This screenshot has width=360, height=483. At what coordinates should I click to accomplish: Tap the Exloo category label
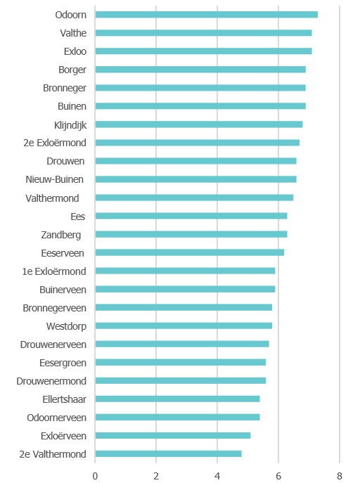[75, 51]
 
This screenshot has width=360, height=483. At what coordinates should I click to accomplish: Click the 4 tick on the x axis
[217, 475]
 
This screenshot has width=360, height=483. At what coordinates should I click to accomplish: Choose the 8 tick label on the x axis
[340, 475]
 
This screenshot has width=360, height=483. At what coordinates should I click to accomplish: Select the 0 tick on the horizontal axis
[95, 475]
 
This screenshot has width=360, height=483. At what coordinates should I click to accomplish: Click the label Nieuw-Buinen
[56, 179]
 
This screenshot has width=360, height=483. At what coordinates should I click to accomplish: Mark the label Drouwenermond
[51, 381]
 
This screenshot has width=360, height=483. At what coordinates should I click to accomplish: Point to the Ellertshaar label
[64, 399]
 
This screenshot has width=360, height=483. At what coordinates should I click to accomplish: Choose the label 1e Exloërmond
[54, 271]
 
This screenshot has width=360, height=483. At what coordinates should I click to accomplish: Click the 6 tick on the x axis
[278, 475]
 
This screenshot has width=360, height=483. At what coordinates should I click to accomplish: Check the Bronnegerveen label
[54, 308]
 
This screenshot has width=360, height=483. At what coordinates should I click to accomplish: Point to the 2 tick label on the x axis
[156, 475]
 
